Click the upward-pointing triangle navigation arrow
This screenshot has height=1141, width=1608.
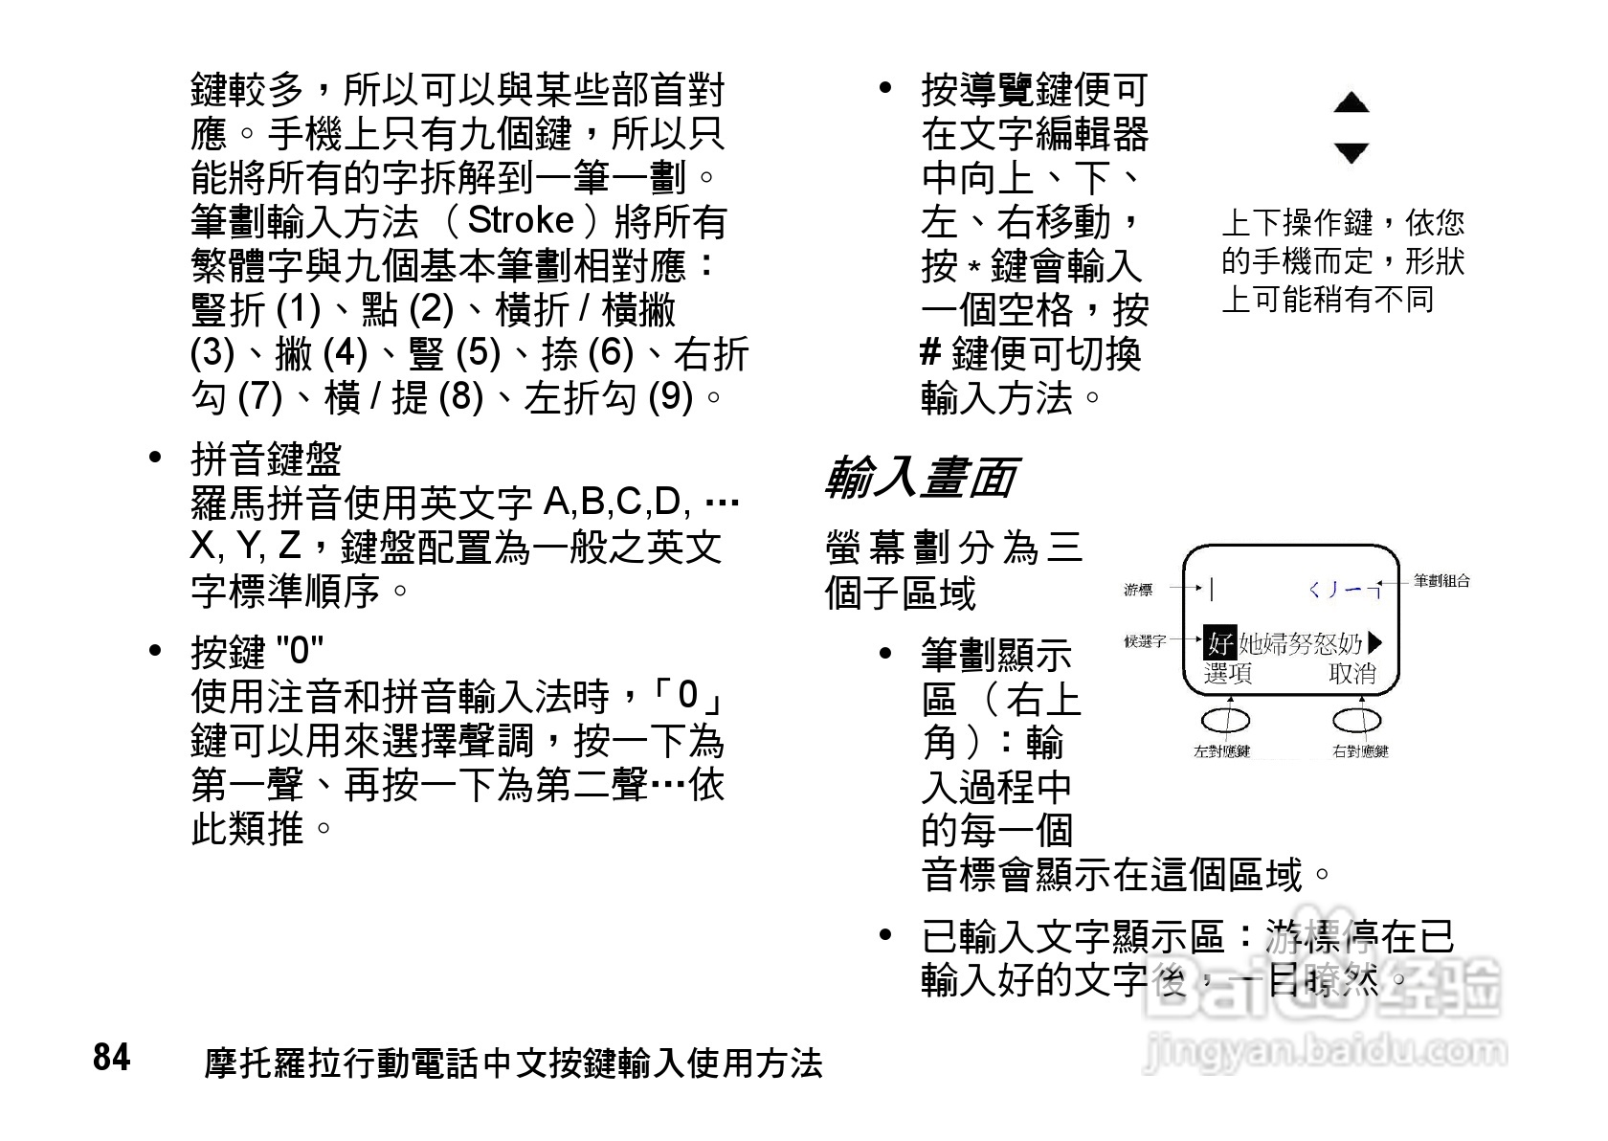coord(1351,102)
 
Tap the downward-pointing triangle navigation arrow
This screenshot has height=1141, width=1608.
coord(1351,152)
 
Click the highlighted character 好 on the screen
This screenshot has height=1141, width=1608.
coord(1219,642)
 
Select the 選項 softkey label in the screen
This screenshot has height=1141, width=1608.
coord(1228,674)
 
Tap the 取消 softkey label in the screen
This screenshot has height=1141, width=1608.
coord(1352,674)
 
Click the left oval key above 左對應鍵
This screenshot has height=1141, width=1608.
coord(1225,719)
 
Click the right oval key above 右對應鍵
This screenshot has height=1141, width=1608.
coord(1357,719)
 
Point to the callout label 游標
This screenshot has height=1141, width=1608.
coord(1138,591)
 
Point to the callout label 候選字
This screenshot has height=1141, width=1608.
coord(1145,641)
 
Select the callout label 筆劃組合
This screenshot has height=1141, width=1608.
coord(1441,580)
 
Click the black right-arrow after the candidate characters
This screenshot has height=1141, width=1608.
coord(1377,642)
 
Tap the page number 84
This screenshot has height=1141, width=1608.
coord(111,1059)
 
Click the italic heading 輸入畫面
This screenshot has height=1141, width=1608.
coord(920,478)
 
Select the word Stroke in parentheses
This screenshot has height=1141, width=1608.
coord(520,221)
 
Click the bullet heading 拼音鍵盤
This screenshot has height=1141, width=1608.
coord(266,459)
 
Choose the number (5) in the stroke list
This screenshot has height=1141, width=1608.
coord(479,353)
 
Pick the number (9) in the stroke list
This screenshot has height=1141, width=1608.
coord(670,396)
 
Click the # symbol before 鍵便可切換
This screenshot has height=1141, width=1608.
coord(930,353)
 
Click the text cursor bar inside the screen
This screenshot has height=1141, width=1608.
coord(1212,590)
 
